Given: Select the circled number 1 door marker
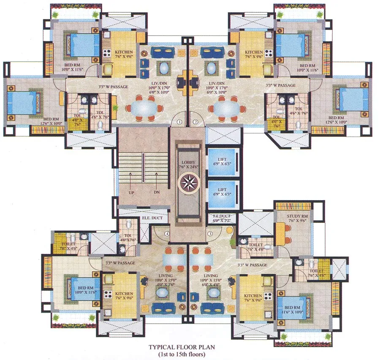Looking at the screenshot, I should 179,122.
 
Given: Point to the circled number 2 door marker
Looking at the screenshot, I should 195,122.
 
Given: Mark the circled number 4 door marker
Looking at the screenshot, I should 167,234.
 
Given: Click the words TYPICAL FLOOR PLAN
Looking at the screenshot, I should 181,347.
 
